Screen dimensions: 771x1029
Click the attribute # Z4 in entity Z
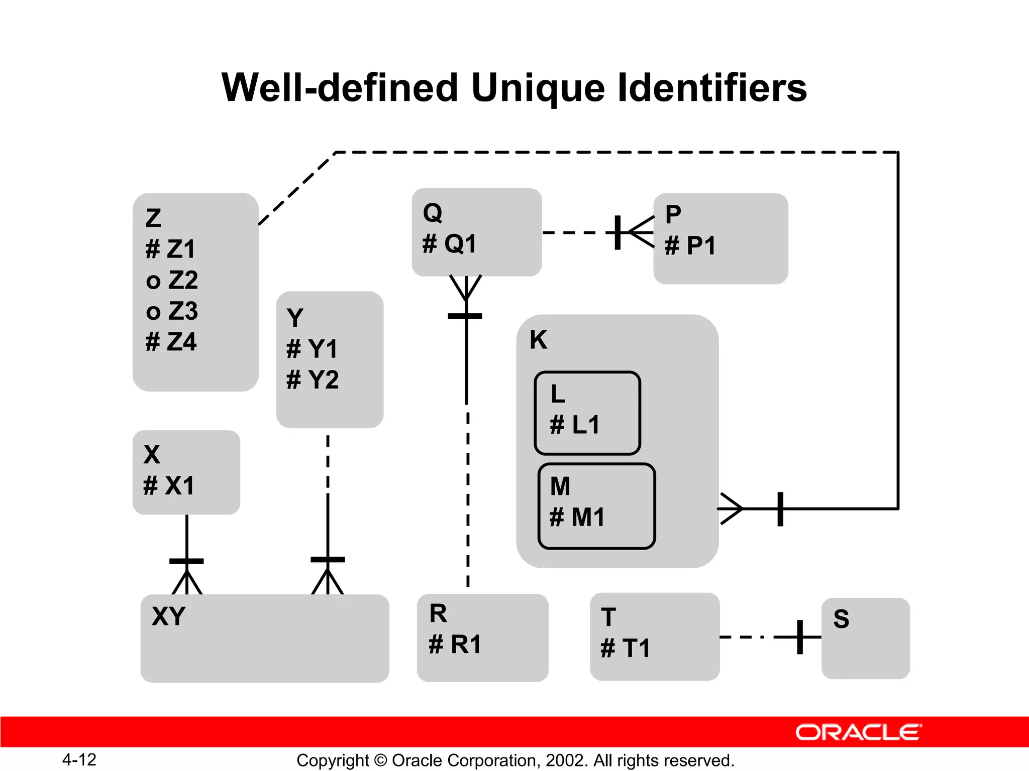click(x=171, y=342)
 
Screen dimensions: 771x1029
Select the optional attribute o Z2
click(x=172, y=280)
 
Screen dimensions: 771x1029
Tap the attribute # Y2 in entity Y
click(x=313, y=379)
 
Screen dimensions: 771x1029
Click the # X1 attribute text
click(x=169, y=486)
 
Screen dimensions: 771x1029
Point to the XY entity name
click(x=169, y=616)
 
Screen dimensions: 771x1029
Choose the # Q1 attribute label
click(x=449, y=244)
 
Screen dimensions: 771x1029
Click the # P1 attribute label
click(x=690, y=246)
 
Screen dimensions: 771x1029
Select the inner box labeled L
click(x=587, y=413)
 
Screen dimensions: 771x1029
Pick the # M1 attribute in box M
click(x=577, y=517)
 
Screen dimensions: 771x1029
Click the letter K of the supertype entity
click(x=538, y=340)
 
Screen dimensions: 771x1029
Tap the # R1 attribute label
click(x=455, y=645)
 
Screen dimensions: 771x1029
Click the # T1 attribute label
click(x=626, y=648)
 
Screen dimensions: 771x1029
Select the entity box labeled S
click(x=865, y=638)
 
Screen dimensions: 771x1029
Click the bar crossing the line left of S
click(x=800, y=637)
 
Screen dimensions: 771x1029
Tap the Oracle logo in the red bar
click(x=858, y=732)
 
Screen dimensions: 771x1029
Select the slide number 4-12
click(x=79, y=759)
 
